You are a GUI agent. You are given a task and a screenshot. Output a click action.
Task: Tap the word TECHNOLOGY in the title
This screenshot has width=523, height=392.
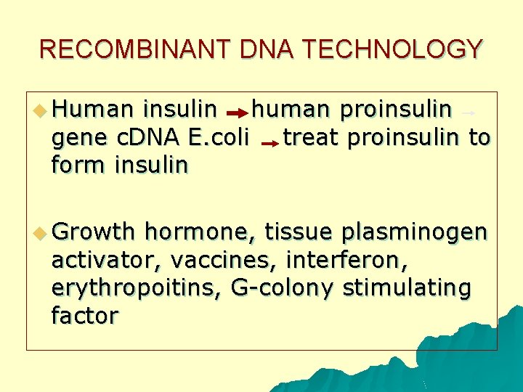pyautogui.click(x=392, y=49)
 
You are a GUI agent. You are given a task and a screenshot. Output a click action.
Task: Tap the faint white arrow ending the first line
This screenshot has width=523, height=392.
pyautogui.click(x=469, y=113)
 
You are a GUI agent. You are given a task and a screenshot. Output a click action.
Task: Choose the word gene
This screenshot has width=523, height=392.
pyautogui.click(x=78, y=139)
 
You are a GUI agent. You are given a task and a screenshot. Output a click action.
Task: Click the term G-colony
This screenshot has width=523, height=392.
pyautogui.click(x=282, y=289)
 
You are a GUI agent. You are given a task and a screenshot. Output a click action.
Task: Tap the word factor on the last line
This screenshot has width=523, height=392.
pyautogui.click(x=84, y=316)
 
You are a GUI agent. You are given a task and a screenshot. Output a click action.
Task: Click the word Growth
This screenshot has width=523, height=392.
pyautogui.click(x=94, y=232)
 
